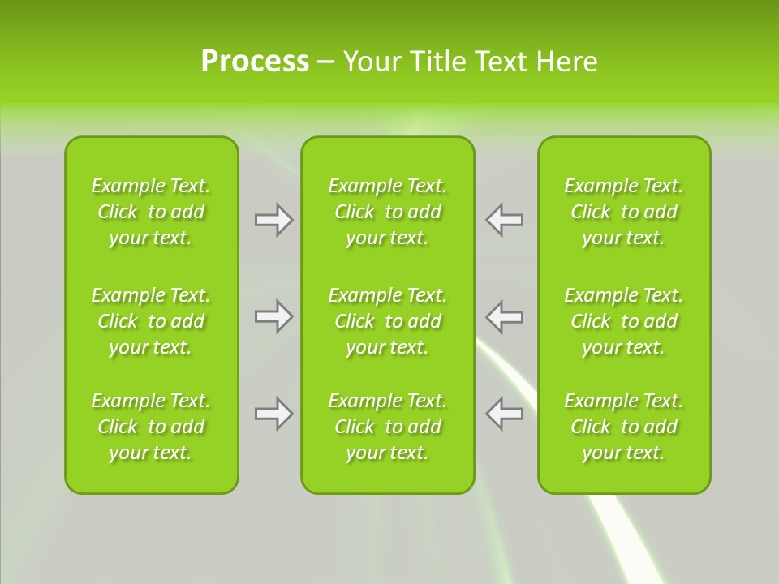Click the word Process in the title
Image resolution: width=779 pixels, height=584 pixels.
click(255, 62)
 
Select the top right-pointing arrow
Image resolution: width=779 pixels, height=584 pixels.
click(273, 220)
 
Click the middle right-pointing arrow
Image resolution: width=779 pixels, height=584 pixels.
click(273, 316)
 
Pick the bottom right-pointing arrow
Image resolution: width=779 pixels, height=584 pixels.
click(273, 414)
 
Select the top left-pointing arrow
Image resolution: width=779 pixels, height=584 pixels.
click(505, 220)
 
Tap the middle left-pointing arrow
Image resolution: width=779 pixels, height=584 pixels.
click(505, 316)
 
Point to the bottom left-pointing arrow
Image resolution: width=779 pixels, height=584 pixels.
click(505, 414)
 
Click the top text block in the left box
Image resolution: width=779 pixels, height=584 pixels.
click(151, 212)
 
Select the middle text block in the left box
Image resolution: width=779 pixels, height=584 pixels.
click(151, 321)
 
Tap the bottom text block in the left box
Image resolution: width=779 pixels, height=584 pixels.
click(151, 427)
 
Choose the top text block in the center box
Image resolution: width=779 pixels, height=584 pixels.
click(388, 212)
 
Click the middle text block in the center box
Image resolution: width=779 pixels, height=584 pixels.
click(388, 321)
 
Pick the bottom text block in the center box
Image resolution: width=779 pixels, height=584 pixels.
click(388, 427)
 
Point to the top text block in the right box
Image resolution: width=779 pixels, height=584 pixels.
click(624, 212)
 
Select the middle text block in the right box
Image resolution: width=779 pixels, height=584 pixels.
click(624, 321)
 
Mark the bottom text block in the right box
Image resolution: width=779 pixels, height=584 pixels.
click(624, 427)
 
